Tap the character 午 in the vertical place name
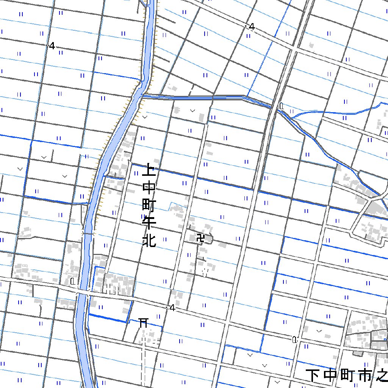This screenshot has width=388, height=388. click(149, 223)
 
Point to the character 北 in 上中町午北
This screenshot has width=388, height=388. click(149, 240)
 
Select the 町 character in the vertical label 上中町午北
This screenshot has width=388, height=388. click(149, 205)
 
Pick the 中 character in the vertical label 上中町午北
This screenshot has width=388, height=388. click(149, 188)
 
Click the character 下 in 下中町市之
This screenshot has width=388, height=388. click(313, 375)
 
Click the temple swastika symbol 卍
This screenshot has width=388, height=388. click(200, 239)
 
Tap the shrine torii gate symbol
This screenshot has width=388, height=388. click(143, 322)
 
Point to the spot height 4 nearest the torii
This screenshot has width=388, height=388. click(172, 308)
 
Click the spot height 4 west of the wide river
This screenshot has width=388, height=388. click(52, 46)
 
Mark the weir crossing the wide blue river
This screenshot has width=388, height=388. click(88, 234)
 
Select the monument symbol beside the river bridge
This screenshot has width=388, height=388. click(72, 281)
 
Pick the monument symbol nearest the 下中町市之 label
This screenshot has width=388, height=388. click(294, 339)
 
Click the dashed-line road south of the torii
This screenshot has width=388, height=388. click(143, 360)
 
